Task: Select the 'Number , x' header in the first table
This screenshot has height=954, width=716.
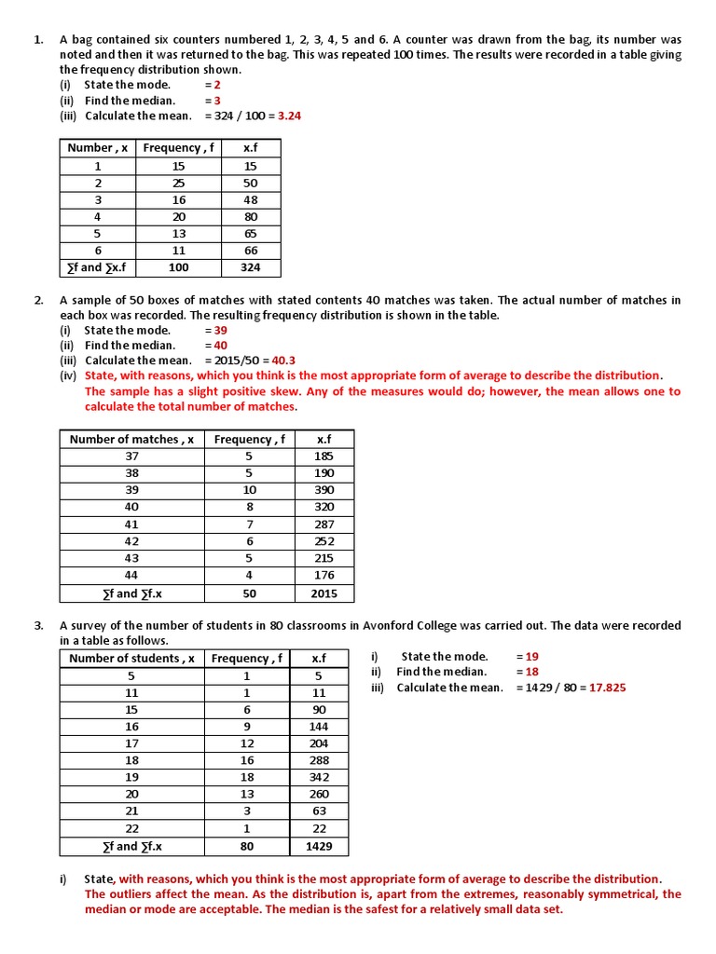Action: point(98,148)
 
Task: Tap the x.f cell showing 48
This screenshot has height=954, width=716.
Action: point(250,199)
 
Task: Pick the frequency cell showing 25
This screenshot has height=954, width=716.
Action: point(179,183)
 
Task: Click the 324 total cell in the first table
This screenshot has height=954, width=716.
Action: point(250,267)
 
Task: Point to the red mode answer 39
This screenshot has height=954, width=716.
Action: point(220,330)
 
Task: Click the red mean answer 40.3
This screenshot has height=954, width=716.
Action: point(283,361)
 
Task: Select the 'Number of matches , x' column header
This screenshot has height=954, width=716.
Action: point(131,440)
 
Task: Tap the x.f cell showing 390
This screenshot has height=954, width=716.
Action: point(324,490)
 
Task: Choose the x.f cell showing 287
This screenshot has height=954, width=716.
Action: point(324,525)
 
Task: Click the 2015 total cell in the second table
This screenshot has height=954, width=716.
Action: point(324,593)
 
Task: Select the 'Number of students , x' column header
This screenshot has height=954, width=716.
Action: point(131,659)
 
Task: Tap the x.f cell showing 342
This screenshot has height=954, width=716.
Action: point(319,777)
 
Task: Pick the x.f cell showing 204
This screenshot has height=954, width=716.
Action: point(319,743)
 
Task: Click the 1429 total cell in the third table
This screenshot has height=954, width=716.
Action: point(319,847)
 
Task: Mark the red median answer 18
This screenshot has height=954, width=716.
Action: point(532,672)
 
